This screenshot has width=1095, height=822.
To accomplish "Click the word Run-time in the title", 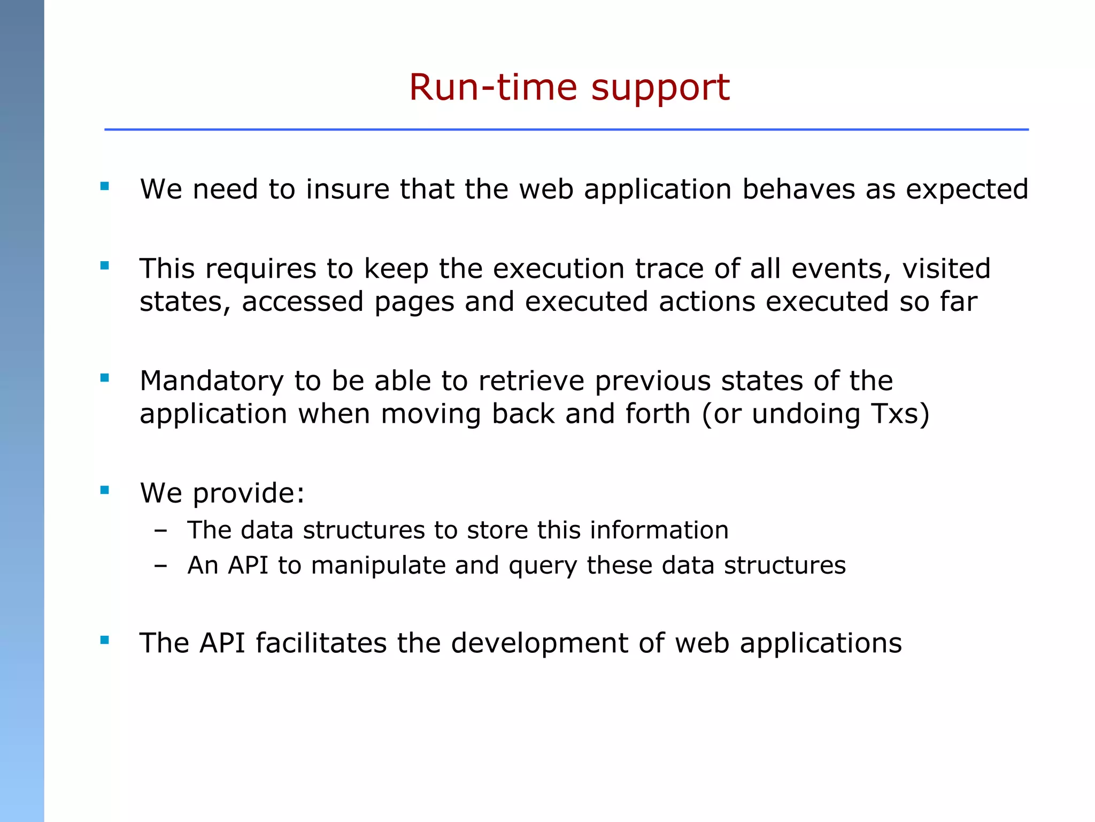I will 492,87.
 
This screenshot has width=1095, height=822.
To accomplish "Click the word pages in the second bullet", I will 414,302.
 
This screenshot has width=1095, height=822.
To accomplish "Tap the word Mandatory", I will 212,382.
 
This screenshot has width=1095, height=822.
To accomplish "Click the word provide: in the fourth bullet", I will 249,493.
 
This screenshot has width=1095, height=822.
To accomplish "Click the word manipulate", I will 378,566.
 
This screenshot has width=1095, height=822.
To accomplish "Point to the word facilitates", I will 321,643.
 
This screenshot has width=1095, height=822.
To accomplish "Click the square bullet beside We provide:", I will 105,490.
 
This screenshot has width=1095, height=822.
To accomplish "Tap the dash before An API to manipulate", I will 160,566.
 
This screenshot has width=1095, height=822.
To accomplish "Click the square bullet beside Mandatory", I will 105,378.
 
